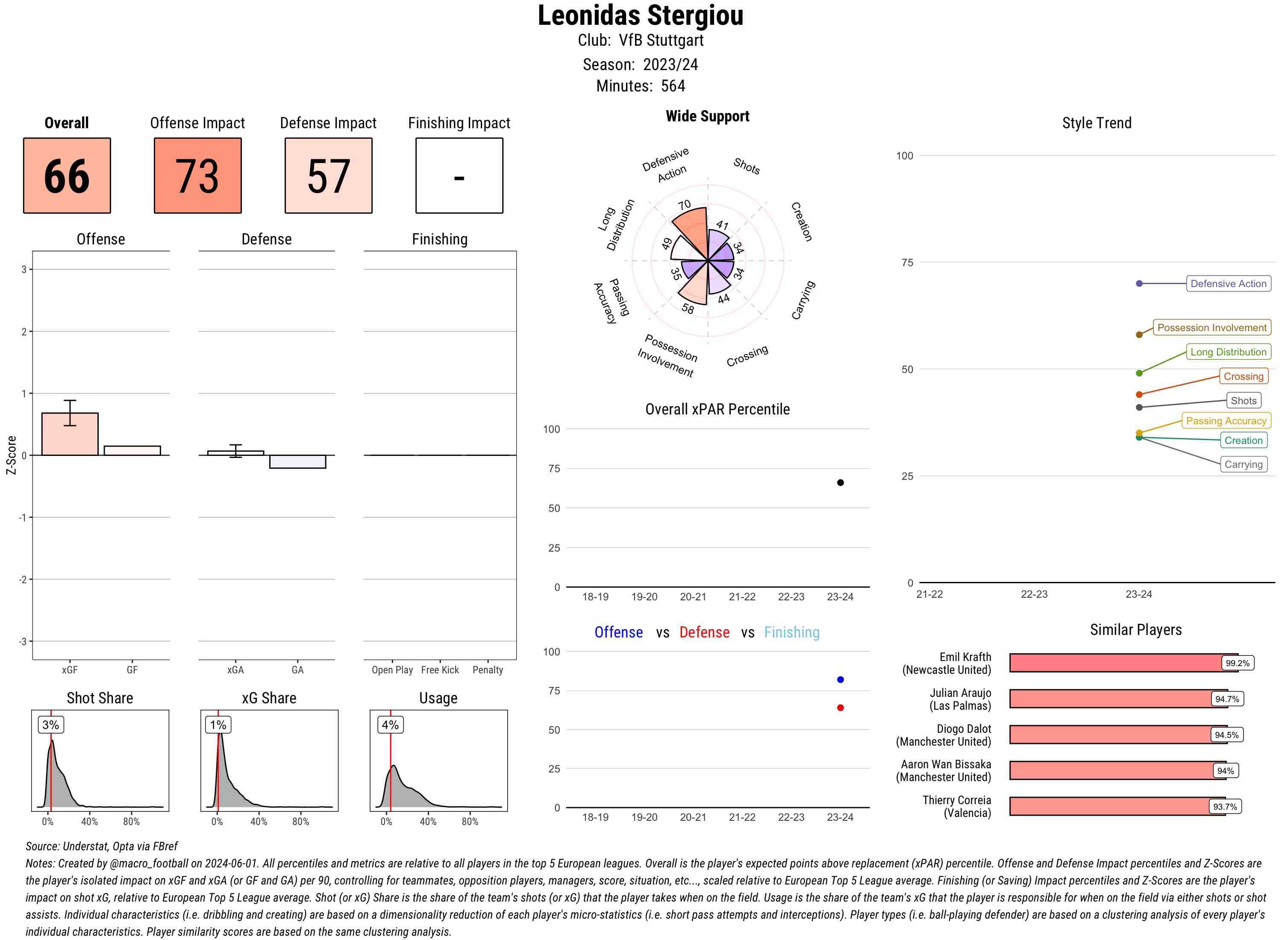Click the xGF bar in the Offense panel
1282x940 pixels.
pyautogui.click(x=70, y=434)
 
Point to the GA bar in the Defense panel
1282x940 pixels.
pyautogui.click(x=297, y=461)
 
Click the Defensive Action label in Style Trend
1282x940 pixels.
pyautogui.click(x=1228, y=283)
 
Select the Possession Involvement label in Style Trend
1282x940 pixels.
pyautogui.click(x=1211, y=328)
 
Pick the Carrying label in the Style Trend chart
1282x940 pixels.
pyautogui.click(x=1243, y=464)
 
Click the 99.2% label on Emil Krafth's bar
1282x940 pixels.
pyautogui.click(x=1237, y=663)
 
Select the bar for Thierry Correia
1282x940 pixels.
pyautogui.click(x=1117, y=806)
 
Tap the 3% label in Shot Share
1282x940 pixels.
pyautogui.click(x=51, y=724)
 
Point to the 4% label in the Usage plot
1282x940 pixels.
pyautogui.click(x=390, y=724)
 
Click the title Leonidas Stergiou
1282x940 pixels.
pyautogui.click(x=640, y=15)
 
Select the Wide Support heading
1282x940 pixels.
pyautogui.click(x=707, y=116)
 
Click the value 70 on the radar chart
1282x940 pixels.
pyautogui.click(x=685, y=205)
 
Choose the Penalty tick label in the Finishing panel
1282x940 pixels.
pyautogui.click(x=488, y=670)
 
